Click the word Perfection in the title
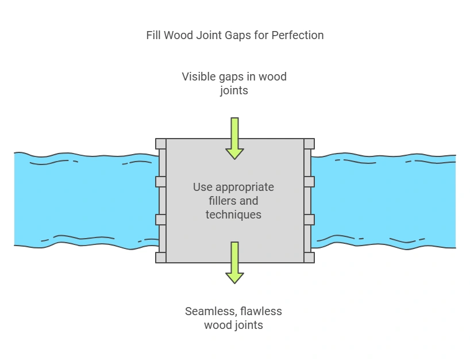(x=298, y=35)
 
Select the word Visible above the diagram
(x=199, y=76)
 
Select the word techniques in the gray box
(x=234, y=215)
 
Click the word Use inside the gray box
(x=202, y=187)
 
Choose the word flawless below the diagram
(x=259, y=311)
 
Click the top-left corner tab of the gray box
(x=161, y=144)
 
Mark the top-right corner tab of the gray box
(x=309, y=144)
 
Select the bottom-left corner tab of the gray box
(x=161, y=258)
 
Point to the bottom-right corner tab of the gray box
(x=309, y=258)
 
